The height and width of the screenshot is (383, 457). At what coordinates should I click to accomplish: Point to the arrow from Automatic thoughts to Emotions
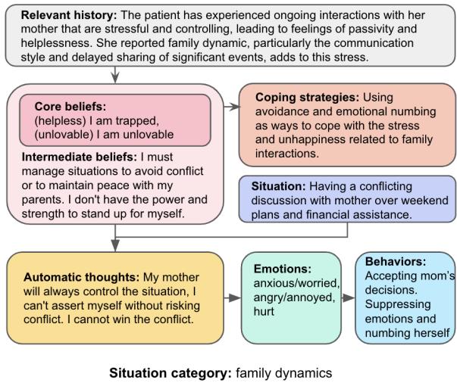[x=233, y=297]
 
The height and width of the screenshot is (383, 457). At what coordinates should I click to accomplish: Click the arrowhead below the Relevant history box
[x=114, y=76]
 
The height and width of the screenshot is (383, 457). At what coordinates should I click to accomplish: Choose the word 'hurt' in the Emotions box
[x=263, y=310]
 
